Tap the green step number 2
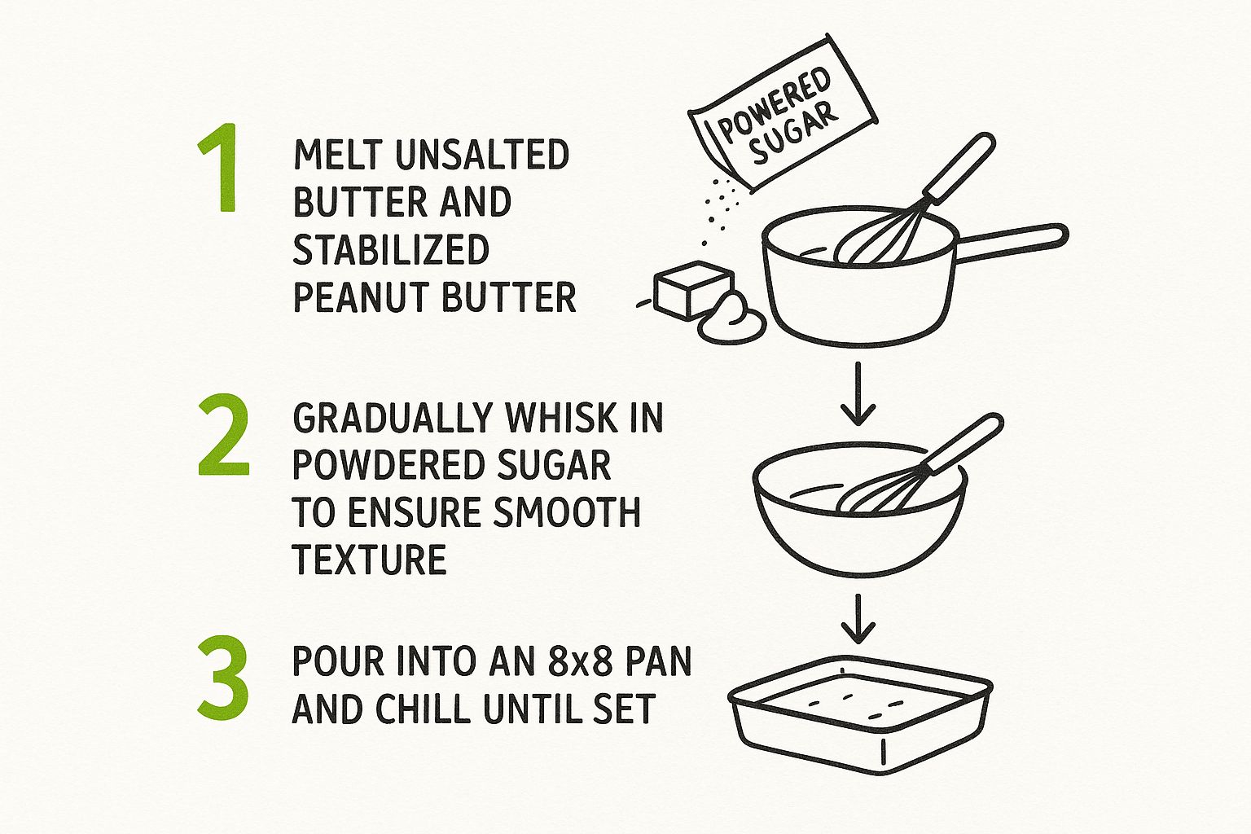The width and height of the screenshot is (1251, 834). (223, 435)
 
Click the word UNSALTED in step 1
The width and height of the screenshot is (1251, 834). (482, 155)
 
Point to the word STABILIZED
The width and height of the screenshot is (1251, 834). (391, 250)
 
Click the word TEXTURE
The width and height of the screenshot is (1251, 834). (369, 560)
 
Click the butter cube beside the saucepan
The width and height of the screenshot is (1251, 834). (692, 289)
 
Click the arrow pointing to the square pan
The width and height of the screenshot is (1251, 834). (858, 618)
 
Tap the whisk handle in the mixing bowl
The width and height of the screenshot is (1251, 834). (963, 444)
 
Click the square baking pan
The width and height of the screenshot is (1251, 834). (860, 715)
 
